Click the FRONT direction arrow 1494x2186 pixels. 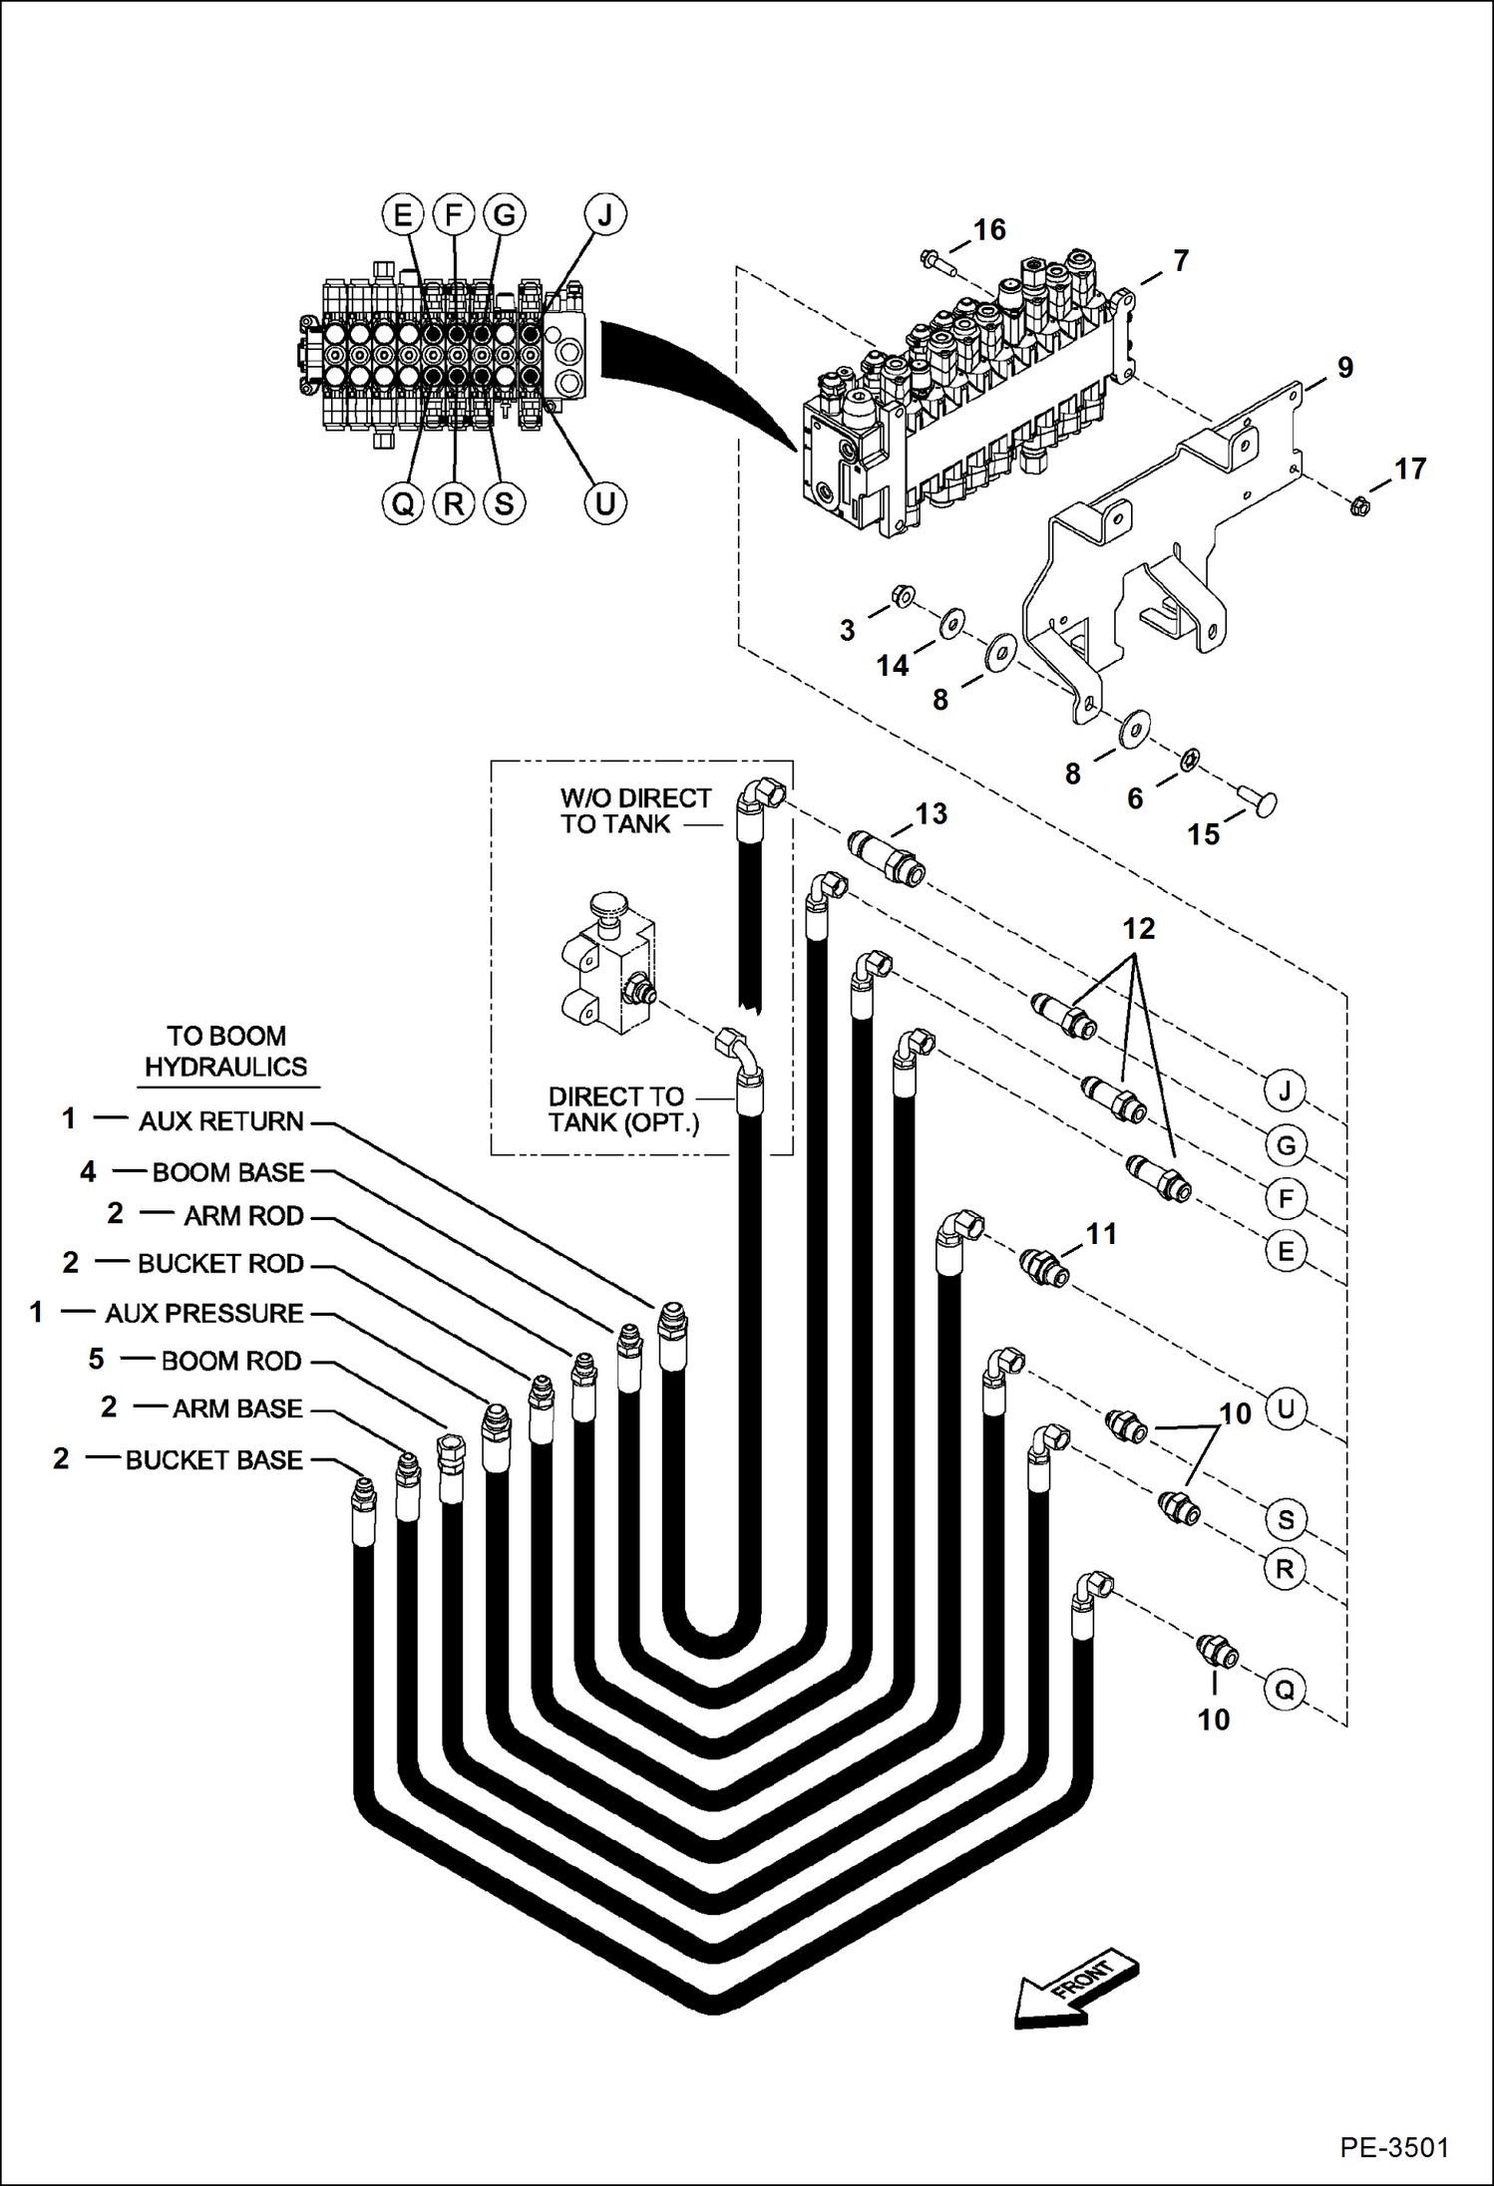(1075, 1990)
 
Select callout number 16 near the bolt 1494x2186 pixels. (989, 230)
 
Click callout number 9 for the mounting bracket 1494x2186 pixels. (1345, 368)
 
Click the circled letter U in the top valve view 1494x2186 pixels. (604, 503)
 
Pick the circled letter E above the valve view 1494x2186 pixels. (403, 214)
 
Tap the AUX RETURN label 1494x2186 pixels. (220, 1121)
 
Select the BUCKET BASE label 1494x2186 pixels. (213, 1460)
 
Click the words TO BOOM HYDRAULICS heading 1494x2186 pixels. (226, 1052)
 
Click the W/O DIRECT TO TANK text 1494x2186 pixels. (634, 811)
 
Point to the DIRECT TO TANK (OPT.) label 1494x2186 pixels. (622, 1109)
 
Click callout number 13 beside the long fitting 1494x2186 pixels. (931, 814)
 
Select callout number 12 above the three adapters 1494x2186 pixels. (1138, 929)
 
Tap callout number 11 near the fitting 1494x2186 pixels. (1101, 1234)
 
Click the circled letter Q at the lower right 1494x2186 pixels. (1285, 1690)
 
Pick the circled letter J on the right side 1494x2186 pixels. (1285, 1092)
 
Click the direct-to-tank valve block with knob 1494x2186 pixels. (606, 967)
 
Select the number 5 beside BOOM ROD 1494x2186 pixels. (96, 1360)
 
